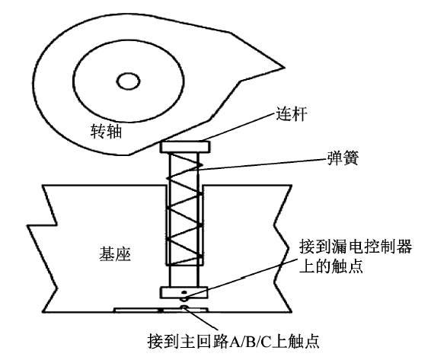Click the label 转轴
point(106,131)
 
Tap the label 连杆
point(291,113)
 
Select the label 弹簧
point(343,158)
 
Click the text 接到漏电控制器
point(356,246)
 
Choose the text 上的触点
point(331,266)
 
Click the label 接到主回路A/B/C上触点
point(233,341)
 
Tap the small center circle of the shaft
point(128,81)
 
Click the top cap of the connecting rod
point(186,147)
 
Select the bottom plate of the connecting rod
point(184,292)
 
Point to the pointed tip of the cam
point(283,67)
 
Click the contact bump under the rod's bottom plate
point(184,299)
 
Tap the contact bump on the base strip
point(184,307)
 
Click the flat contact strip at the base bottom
point(161,311)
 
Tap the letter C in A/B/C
point(266,342)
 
